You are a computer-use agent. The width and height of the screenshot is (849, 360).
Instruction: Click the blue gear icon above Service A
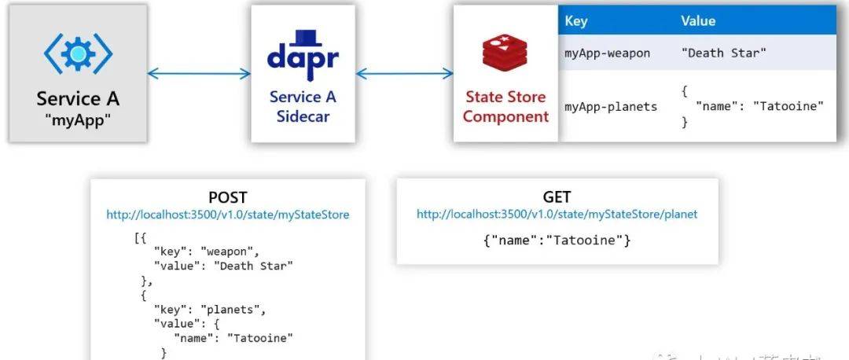coord(79,53)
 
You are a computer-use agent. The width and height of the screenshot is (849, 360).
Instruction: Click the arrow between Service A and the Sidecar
coord(199,74)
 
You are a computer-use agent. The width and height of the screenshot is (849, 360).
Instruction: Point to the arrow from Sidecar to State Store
coord(405,74)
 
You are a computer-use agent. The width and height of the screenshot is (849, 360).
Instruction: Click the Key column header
coord(576,21)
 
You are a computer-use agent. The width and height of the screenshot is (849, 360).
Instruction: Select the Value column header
coord(698,21)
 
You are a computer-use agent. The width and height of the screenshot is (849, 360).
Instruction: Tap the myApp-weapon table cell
coord(608,53)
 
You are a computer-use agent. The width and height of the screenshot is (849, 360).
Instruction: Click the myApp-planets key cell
coord(611,106)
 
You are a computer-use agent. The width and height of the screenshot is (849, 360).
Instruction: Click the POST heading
coord(227,197)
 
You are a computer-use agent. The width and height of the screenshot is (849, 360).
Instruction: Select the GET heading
coord(557,197)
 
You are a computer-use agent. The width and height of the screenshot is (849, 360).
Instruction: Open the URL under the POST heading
coord(228,214)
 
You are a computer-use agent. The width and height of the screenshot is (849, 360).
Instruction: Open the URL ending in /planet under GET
coord(557,214)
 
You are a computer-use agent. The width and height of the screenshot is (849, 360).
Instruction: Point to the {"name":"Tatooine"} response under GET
coord(557,240)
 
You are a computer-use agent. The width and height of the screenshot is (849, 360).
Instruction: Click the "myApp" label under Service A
coord(79,119)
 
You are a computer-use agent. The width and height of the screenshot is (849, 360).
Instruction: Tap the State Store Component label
coord(505,107)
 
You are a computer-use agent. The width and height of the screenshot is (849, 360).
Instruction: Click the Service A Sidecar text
coord(303,107)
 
